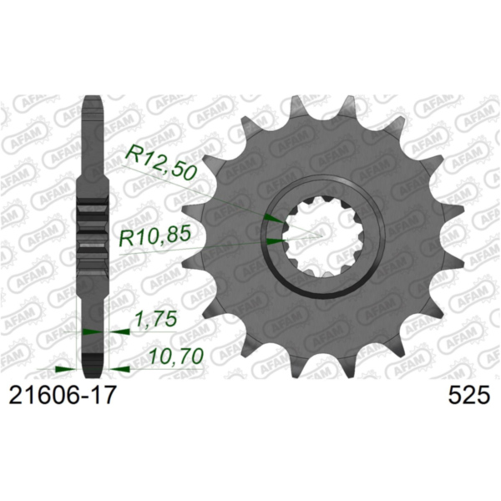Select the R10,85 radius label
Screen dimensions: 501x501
[154, 238]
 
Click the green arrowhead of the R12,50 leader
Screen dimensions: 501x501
[271, 217]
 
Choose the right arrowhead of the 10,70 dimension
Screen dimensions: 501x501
[119, 367]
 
